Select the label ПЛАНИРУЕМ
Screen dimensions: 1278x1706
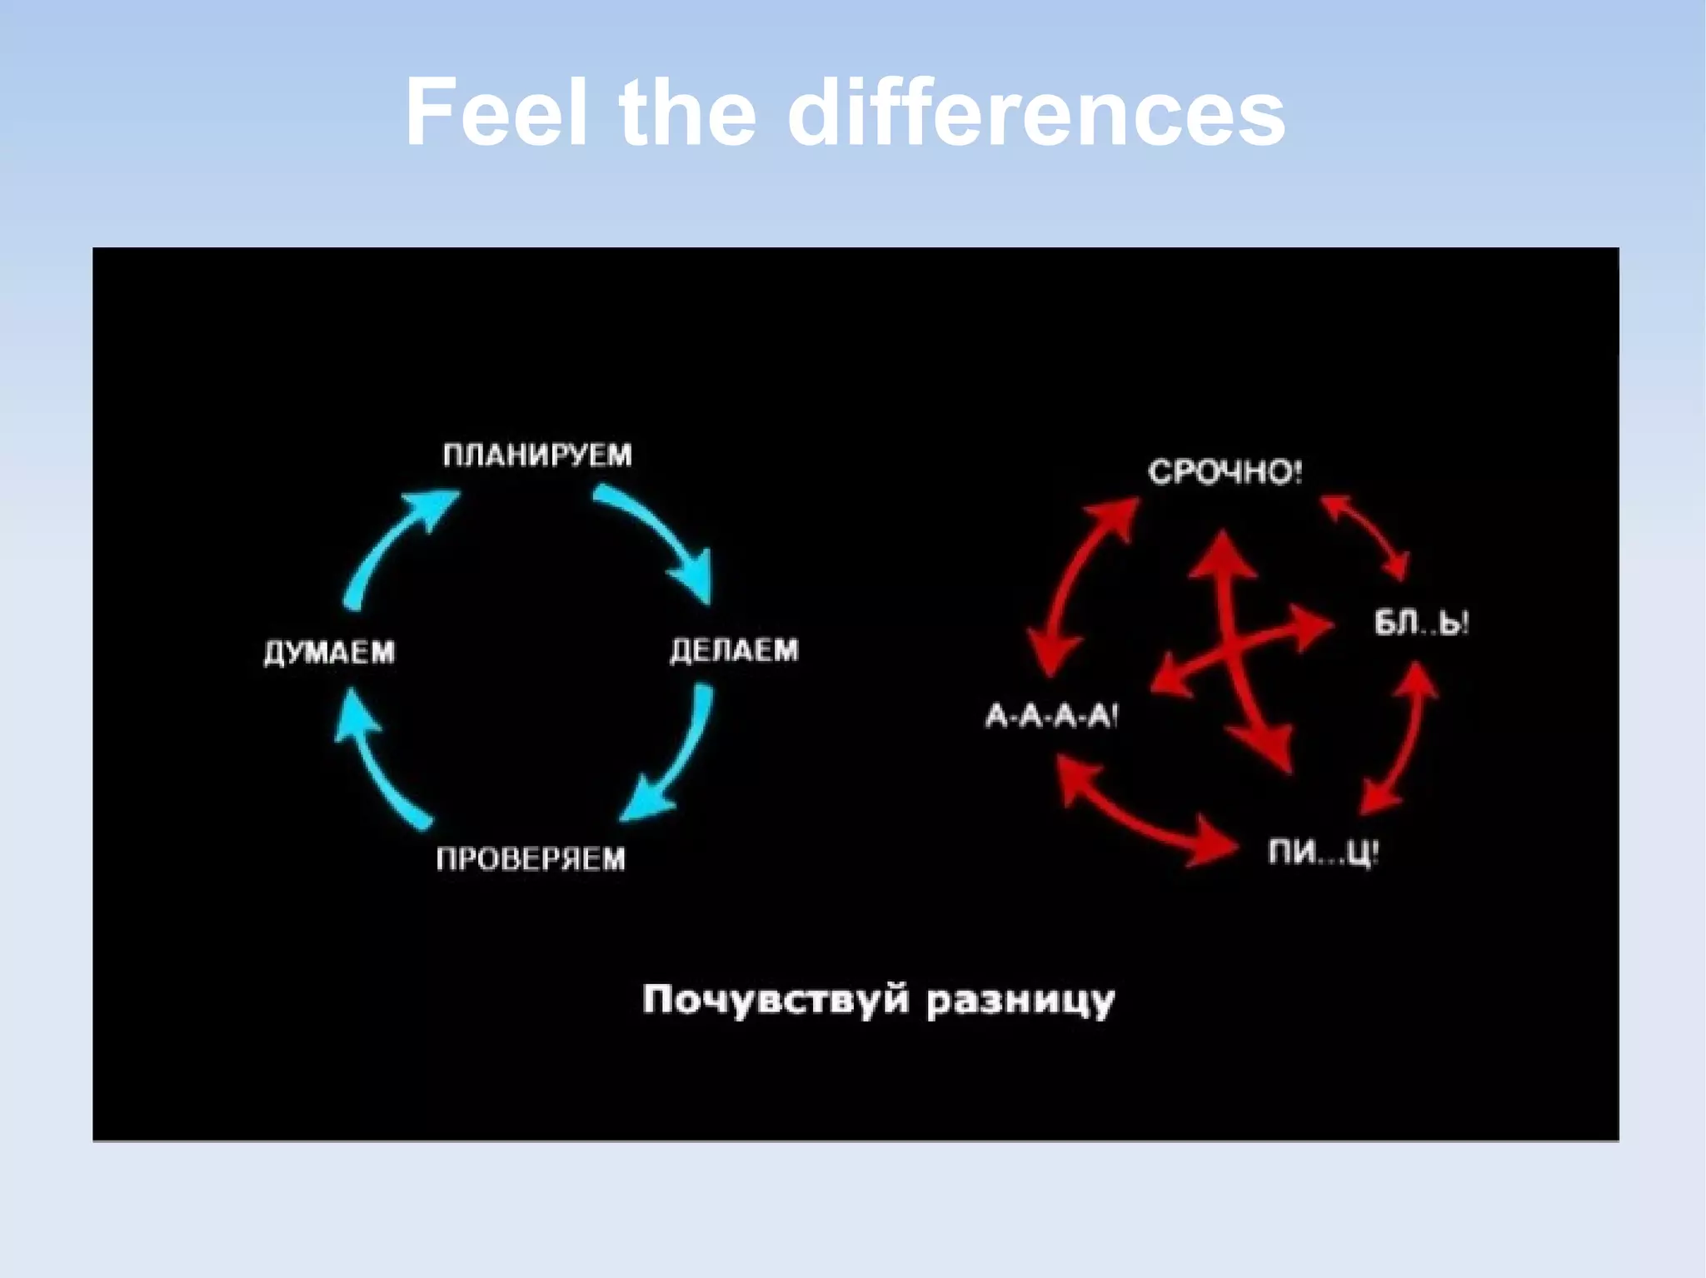(x=537, y=455)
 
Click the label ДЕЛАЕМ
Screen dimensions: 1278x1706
(x=734, y=650)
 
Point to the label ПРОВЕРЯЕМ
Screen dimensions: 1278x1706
(x=531, y=858)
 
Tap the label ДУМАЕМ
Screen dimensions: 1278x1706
(x=330, y=652)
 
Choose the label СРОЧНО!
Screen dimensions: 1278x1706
(x=1225, y=472)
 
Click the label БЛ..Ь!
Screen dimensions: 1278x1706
(x=1421, y=623)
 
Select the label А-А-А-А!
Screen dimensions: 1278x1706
(x=1051, y=715)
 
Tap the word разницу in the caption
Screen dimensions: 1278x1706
(x=1020, y=1000)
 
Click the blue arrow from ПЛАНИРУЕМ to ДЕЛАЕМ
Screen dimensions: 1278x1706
(x=658, y=533)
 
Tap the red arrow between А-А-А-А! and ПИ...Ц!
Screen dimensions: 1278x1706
(x=1141, y=816)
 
